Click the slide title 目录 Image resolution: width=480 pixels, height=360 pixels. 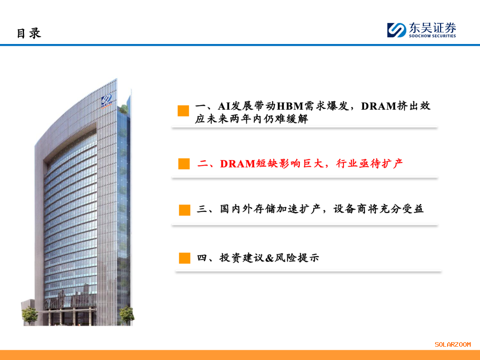(x=29, y=33)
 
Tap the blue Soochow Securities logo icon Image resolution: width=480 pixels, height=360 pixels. (x=396, y=30)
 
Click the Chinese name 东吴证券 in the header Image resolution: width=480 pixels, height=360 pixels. (x=432, y=28)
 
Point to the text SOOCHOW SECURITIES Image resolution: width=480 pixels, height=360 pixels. (x=432, y=36)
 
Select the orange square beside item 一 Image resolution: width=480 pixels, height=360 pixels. (x=184, y=111)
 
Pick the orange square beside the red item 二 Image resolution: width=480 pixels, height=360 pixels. (x=184, y=164)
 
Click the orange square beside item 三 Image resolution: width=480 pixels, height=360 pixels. (x=184, y=210)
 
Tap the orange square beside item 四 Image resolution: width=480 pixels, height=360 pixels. (x=184, y=258)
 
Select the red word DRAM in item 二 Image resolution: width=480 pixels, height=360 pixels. (x=237, y=164)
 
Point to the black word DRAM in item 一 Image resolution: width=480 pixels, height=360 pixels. (x=379, y=106)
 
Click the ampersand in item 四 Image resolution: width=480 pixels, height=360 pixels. (x=269, y=258)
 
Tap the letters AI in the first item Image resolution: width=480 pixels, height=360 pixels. (x=224, y=106)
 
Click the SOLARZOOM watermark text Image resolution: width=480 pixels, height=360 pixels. (x=453, y=344)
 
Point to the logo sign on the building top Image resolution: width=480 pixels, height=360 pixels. (x=107, y=101)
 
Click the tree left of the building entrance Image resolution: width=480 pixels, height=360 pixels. (x=30, y=315)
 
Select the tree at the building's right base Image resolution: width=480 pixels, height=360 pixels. (x=127, y=315)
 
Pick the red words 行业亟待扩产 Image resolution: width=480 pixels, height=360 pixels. (x=369, y=164)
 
